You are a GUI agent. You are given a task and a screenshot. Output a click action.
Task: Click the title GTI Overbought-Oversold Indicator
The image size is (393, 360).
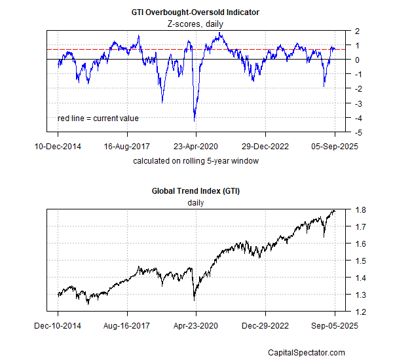[x=196, y=12]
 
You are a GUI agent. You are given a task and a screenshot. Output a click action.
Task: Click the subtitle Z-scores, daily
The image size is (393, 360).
[x=196, y=24]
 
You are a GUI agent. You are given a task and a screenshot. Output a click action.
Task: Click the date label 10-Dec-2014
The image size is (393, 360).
[x=58, y=146]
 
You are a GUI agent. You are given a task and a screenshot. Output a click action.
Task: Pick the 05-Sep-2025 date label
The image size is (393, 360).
[x=334, y=146]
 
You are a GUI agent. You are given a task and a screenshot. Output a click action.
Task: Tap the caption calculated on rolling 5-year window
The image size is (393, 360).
[x=196, y=160]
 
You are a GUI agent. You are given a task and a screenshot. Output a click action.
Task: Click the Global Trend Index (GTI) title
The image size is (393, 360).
[x=196, y=190]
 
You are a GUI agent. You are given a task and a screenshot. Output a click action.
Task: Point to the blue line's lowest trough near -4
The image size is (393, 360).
[x=195, y=120]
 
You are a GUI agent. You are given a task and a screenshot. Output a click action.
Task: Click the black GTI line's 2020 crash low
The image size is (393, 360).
[x=195, y=300]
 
